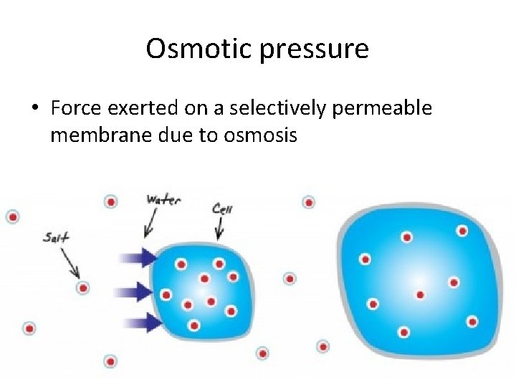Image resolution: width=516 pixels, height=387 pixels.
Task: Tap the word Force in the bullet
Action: [77, 108]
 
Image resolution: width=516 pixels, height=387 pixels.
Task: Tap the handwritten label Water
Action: [163, 199]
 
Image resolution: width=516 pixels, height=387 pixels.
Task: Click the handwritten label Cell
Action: [221, 209]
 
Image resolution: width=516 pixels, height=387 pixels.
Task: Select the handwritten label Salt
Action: [56, 236]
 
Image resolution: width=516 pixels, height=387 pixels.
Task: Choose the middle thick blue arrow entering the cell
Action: [140, 291]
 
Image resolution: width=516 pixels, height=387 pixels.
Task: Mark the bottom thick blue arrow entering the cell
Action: [140, 322]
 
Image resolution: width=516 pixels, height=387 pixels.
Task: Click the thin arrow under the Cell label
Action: [219, 231]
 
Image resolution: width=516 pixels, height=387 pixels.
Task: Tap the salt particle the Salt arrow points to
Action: [83, 288]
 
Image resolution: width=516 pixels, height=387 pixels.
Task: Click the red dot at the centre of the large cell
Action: [420, 294]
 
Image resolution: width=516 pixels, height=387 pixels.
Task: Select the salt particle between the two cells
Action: [290, 278]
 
